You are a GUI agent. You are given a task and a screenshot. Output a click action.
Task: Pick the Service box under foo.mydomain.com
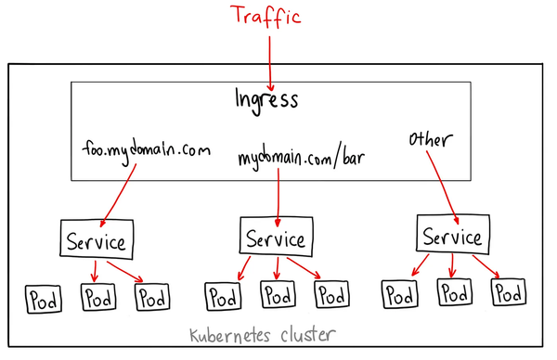pyautogui.click(x=97, y=240)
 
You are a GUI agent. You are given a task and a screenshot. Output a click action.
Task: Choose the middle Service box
pyautogui.click(x=275, y=238)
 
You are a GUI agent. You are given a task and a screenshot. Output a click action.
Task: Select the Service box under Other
pyautogui.click(x=451, y=236)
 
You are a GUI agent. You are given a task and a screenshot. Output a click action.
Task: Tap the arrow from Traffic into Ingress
pyautogui.click(x=269, y=58)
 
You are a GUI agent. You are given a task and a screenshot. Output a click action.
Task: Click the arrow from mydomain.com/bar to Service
pyautogui.click(x=278, y=195)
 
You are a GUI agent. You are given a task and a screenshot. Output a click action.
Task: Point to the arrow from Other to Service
pyautogui.click(x=441, y=186)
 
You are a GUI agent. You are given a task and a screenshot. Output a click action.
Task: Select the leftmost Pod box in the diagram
pyautogui.click(x=43, y=300)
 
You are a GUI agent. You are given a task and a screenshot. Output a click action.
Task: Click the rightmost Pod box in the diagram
pyautogui.click(x=507, y=294)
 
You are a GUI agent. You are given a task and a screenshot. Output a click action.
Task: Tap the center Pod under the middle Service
pyautogui.click(x=278, y=295)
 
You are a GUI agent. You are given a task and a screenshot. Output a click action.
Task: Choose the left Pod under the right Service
pyautogui.click(x=398, y=295)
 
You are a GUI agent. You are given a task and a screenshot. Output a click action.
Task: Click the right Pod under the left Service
pyautogui.click(x=153, y=298)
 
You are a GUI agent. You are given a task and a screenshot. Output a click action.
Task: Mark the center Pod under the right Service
pyautogui.click(x=453, y=294)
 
